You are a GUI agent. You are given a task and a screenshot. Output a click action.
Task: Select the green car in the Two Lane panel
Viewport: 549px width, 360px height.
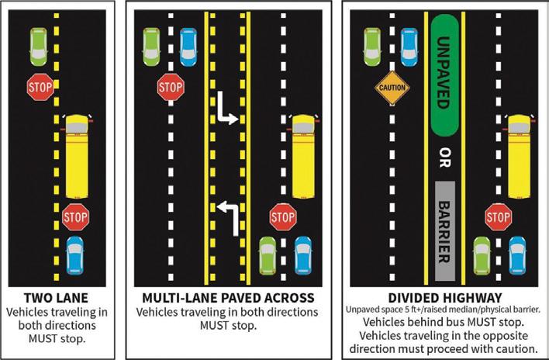[38, 47]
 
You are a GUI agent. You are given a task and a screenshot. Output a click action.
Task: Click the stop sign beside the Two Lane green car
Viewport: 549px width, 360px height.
[40, 87]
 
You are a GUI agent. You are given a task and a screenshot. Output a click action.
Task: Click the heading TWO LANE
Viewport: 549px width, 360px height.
[56, 297]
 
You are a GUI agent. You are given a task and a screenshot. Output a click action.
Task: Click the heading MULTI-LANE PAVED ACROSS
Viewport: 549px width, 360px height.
[228, 297]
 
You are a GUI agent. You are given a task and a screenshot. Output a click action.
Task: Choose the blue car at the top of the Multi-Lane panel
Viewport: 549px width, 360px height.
[188, 47]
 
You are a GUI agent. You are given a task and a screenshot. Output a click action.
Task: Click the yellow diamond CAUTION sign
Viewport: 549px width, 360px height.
[392, 88]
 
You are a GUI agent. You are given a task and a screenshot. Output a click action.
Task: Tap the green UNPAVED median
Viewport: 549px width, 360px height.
[444, 74]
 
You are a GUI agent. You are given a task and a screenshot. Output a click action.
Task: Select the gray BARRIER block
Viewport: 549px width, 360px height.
[444, 230]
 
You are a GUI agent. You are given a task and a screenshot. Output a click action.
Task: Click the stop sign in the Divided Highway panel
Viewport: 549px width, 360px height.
[498, 216]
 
